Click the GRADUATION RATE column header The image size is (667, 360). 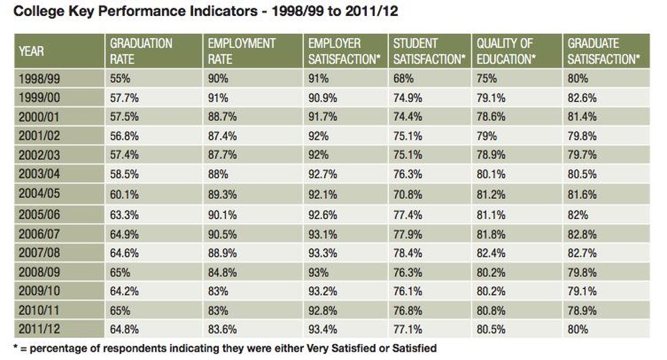click(141, 51)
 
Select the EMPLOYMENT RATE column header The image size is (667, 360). click(241, 51)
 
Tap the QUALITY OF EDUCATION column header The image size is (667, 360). click(505, 51)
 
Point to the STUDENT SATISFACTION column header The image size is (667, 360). click(428, 51)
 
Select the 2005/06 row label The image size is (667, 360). click(38, 215)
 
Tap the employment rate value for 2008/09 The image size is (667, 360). click(222, 272)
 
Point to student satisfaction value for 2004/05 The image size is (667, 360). click(408, 196)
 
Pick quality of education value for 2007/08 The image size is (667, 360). click(491, 253)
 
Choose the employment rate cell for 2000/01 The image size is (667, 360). click(222, 117)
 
